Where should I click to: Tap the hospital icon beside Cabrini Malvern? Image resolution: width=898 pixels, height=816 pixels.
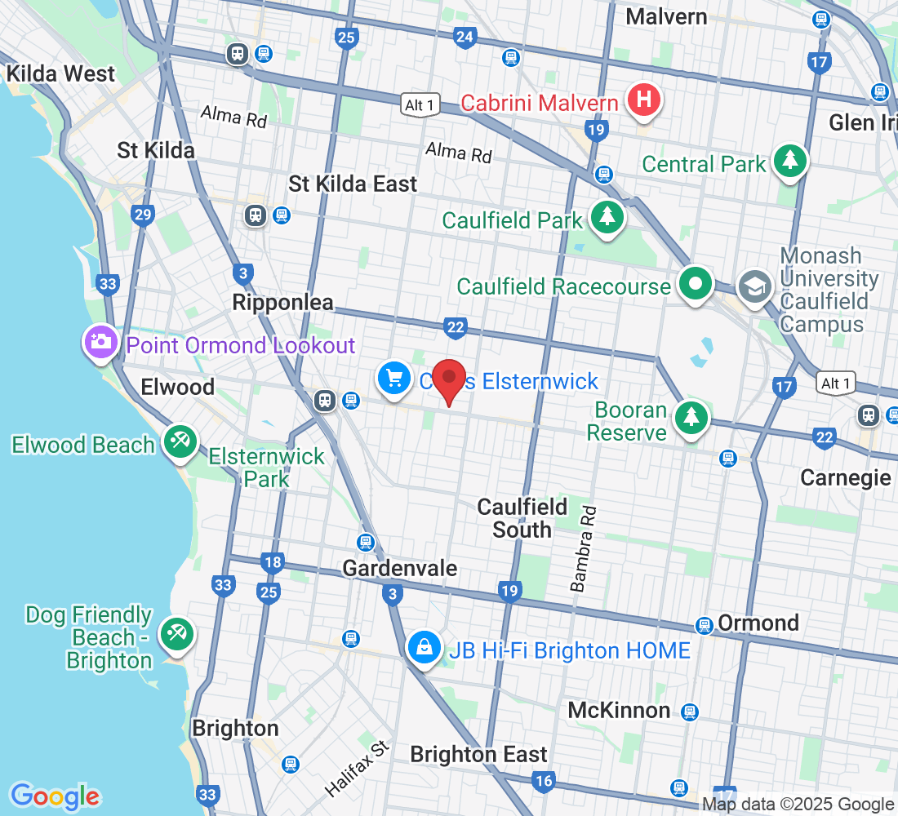[644, 100]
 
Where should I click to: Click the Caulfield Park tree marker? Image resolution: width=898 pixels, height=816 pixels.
[606, 217]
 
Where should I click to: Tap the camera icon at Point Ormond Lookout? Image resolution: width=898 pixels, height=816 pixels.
[101, 342]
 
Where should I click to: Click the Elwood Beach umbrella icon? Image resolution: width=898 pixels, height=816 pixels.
[177, 441]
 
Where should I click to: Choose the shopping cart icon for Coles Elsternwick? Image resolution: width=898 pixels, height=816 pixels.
[394, 378]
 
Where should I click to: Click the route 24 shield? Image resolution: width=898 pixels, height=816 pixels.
[465, 37]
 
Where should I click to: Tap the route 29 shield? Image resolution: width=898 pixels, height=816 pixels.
[143, 215]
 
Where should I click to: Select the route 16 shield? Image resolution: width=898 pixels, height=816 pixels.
[543, 781]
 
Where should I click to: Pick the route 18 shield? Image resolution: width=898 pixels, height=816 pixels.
[272, 561]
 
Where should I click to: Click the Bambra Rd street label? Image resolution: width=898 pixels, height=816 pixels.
[585, 548]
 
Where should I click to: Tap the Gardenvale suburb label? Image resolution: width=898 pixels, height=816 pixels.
[399, 567]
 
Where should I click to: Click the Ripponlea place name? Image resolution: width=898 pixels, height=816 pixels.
[282, 303]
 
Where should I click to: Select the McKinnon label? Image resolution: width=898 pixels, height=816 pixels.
[619, 710]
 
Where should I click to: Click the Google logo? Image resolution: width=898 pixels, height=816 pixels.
[55, 796]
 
